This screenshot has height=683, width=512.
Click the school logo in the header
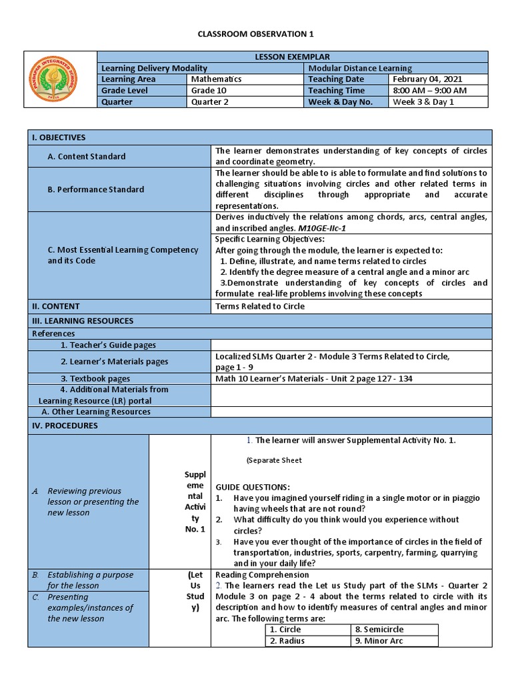(61, 79)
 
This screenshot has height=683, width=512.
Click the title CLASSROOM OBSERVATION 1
(256, 33)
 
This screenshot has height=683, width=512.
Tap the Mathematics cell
(217, 79)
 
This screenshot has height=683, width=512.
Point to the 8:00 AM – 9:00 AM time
(429, 91)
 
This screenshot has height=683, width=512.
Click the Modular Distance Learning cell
(360, 68)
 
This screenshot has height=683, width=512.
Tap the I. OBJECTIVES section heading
(59, 137)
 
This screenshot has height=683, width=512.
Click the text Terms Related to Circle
(260, 306)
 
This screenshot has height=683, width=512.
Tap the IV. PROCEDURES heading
(65, 426)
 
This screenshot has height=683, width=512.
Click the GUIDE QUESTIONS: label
(252, 487)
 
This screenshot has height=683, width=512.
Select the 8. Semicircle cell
(379, 629)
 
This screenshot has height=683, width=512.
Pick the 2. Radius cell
(287, 641)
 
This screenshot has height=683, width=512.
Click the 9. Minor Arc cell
(379, 641)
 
